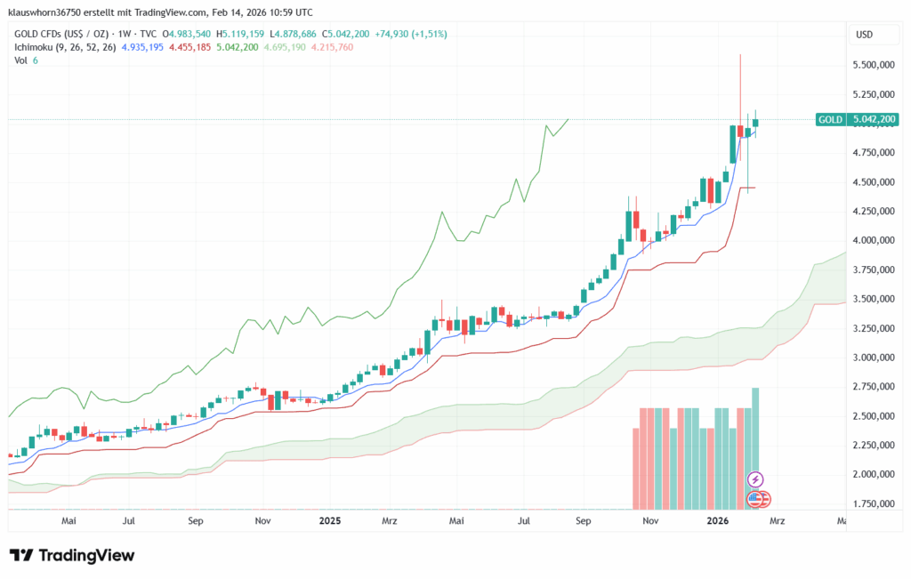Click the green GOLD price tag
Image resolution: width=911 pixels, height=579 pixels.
830,119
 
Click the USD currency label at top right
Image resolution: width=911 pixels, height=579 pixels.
864,34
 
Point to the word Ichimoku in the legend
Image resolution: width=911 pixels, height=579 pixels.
35,46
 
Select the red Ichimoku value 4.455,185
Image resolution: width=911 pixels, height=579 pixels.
202,46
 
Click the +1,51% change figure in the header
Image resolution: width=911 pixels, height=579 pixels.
431,34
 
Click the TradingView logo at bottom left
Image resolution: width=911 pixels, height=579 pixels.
72,555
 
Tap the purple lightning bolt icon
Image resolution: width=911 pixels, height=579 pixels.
755,480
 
